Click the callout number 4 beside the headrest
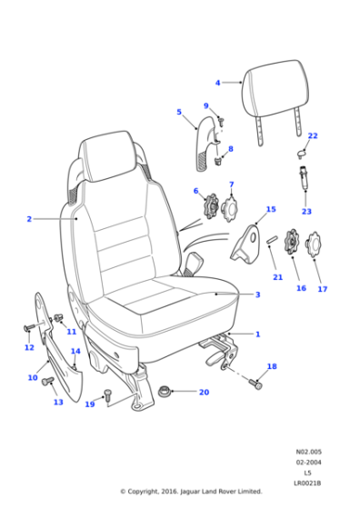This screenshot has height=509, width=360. [217, 82]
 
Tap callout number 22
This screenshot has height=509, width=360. [312, 136]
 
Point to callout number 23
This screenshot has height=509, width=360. [306, 212]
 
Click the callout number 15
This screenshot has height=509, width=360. [270, 210]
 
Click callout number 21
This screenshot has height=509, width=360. [278, 276]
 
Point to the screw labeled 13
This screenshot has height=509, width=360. [49, 382]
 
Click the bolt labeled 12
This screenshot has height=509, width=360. [30, 327]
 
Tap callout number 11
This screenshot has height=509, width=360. [71, 332]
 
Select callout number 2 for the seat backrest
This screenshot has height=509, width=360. [29, 219]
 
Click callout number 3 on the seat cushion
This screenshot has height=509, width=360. [257, 294]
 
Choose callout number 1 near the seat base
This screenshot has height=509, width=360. [257, 334]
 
